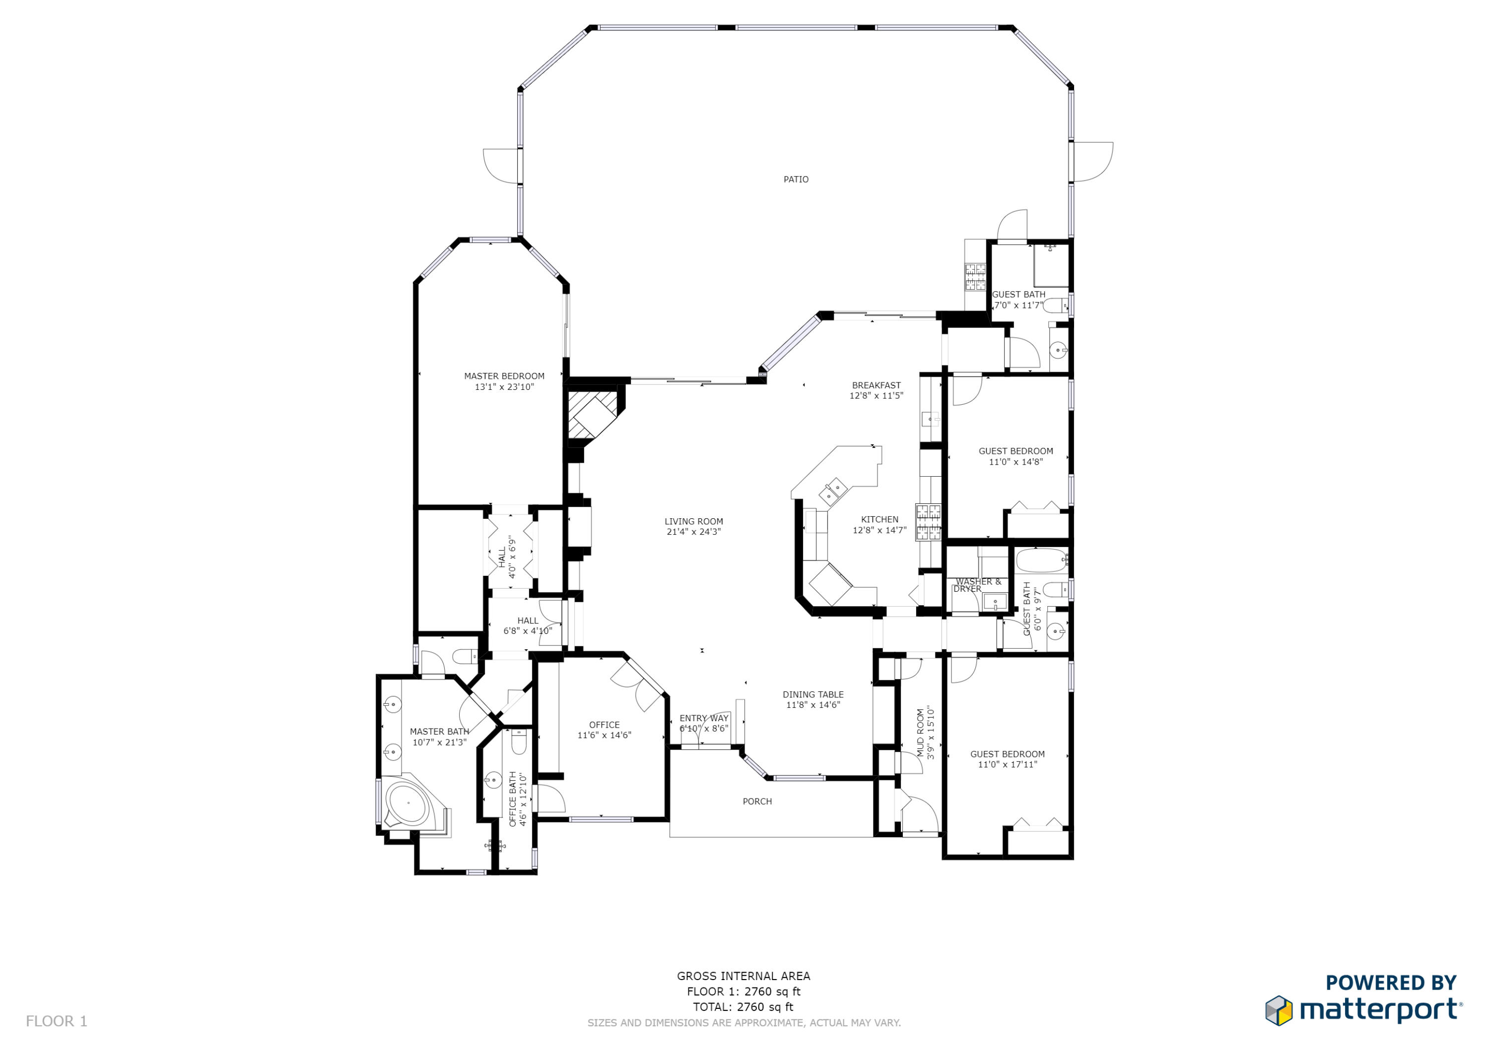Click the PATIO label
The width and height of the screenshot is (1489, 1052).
click(x=795, y=180)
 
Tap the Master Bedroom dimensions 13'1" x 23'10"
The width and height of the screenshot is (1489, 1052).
click(x=504, y=387)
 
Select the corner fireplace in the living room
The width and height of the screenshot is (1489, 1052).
click(x=592, y=416)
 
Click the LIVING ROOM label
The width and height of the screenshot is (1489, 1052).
click(x=693, y=521)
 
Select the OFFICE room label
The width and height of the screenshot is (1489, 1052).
click(x=604, y=725)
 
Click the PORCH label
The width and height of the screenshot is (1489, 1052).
click(x=757, y=801)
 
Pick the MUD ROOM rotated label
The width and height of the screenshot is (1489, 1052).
click(x=920, y=733)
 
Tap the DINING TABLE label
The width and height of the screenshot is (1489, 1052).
click(x=812, y=694)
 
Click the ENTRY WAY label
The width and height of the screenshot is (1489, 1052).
click(x=704, y=718)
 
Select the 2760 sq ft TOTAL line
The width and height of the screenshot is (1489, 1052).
click(x=743, y=1007)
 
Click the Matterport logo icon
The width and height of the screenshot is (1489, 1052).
click(x=1278, y=1010)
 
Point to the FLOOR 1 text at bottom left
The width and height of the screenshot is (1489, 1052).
click(x=57, y=1021)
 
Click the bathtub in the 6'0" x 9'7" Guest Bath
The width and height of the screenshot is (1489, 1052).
click(x=1040, y=560)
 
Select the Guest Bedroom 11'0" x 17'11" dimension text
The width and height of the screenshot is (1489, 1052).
click(x=1007, y=764)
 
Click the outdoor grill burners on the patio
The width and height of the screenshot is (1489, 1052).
click(x=975, y=277)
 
